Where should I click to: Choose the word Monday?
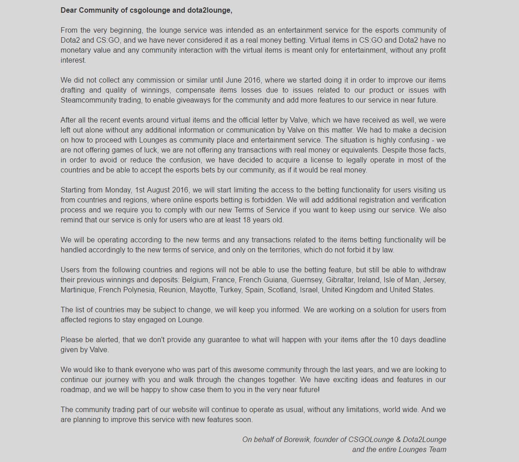(119, 190)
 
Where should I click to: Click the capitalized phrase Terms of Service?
(262, 210)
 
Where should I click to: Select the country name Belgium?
(195, 280)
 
